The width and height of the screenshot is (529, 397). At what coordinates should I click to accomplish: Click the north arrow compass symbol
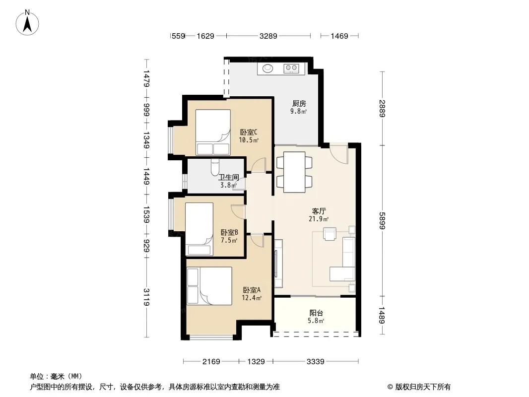click(27, 23)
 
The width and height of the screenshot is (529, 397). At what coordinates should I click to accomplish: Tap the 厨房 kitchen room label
click(299, 104)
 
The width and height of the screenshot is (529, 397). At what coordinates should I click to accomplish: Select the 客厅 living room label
click(319, 211)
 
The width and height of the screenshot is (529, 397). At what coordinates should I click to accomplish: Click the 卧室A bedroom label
click(252, 290)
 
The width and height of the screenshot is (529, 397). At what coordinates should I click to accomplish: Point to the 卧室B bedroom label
click(229, 232)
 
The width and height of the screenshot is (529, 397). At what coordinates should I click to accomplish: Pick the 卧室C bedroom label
click(249, 132)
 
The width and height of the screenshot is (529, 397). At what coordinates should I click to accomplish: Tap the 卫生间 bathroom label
click(228, 178)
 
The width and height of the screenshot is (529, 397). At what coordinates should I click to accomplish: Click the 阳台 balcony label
click(316, 313)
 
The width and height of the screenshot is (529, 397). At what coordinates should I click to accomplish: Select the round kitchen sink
click(268, 68)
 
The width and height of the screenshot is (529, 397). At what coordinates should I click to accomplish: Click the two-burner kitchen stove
click(291, 68)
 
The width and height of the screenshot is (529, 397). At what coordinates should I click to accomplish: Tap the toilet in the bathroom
click(215, 167)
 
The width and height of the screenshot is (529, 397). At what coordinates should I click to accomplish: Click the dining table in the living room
click(294, 172)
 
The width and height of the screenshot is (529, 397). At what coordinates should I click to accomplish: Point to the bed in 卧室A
click(209, 286)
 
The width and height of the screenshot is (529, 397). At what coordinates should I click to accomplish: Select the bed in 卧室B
click(199, 229)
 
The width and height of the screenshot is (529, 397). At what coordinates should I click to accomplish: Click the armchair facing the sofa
click(330, 234)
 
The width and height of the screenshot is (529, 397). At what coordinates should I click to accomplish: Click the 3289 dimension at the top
click(268, 36)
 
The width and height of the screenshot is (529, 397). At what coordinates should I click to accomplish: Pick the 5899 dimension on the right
click(382, 221)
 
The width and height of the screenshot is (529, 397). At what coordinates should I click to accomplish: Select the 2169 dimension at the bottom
click(211, 362)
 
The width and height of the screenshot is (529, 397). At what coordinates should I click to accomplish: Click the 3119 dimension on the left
click(146, 297)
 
